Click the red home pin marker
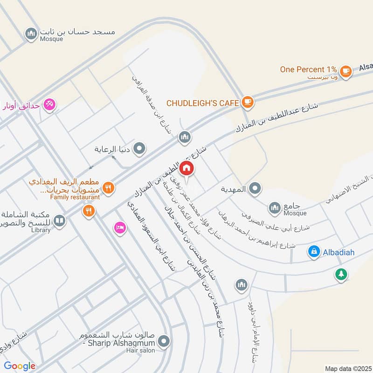[186, 168]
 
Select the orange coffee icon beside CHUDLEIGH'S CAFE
[247, 102]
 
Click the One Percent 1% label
[308, 69]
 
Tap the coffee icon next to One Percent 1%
[345, 71]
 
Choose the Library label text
[40, 230]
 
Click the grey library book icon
[59, 221]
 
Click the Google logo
[20, 366]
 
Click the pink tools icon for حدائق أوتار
[48, 105]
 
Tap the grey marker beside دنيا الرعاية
[139, 149]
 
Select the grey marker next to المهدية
[255, 189]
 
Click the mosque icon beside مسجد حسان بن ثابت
[31, 34]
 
